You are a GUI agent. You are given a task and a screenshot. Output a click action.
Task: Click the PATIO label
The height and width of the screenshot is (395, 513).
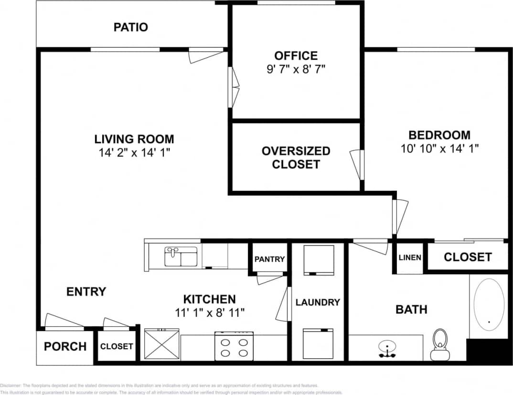[x=130, y=27]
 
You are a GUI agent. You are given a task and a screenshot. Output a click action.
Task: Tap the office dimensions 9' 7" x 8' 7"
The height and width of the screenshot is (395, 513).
[x=296, y=69]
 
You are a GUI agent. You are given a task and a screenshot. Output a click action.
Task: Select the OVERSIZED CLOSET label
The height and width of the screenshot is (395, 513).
[x=296, y=157]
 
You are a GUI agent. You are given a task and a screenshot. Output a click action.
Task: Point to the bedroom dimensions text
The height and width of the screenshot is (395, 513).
[x=439, y=148]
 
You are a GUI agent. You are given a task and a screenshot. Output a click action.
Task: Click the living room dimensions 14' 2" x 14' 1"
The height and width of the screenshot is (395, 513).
[x=134, y=153]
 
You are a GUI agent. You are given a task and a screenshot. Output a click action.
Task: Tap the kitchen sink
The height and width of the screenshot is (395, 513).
[x=181, y=257]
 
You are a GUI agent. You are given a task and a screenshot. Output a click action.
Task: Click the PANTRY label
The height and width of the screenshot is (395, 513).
[x=269, y=259]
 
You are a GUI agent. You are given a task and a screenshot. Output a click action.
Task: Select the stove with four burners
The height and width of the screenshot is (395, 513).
[x=234, y=346]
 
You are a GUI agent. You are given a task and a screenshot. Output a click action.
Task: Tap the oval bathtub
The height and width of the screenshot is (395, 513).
[x=489, y=305]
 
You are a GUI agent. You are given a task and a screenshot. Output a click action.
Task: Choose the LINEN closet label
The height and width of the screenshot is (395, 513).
[x=410, y=258]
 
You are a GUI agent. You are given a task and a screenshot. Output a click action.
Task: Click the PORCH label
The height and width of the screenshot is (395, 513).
[x=65, y=346]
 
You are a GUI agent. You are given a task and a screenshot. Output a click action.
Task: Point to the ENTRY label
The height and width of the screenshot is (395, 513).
[x=86, y=291]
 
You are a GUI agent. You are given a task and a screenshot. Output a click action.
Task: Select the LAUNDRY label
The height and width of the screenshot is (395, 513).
[x=318, y=302]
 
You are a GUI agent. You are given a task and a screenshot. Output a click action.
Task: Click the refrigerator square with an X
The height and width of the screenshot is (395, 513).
[x=161, y=344]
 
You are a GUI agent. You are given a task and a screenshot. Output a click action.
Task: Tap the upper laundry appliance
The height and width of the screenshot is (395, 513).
[x=319, y=260]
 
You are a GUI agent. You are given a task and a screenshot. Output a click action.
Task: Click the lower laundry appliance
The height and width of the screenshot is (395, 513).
[x=319, y=343]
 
